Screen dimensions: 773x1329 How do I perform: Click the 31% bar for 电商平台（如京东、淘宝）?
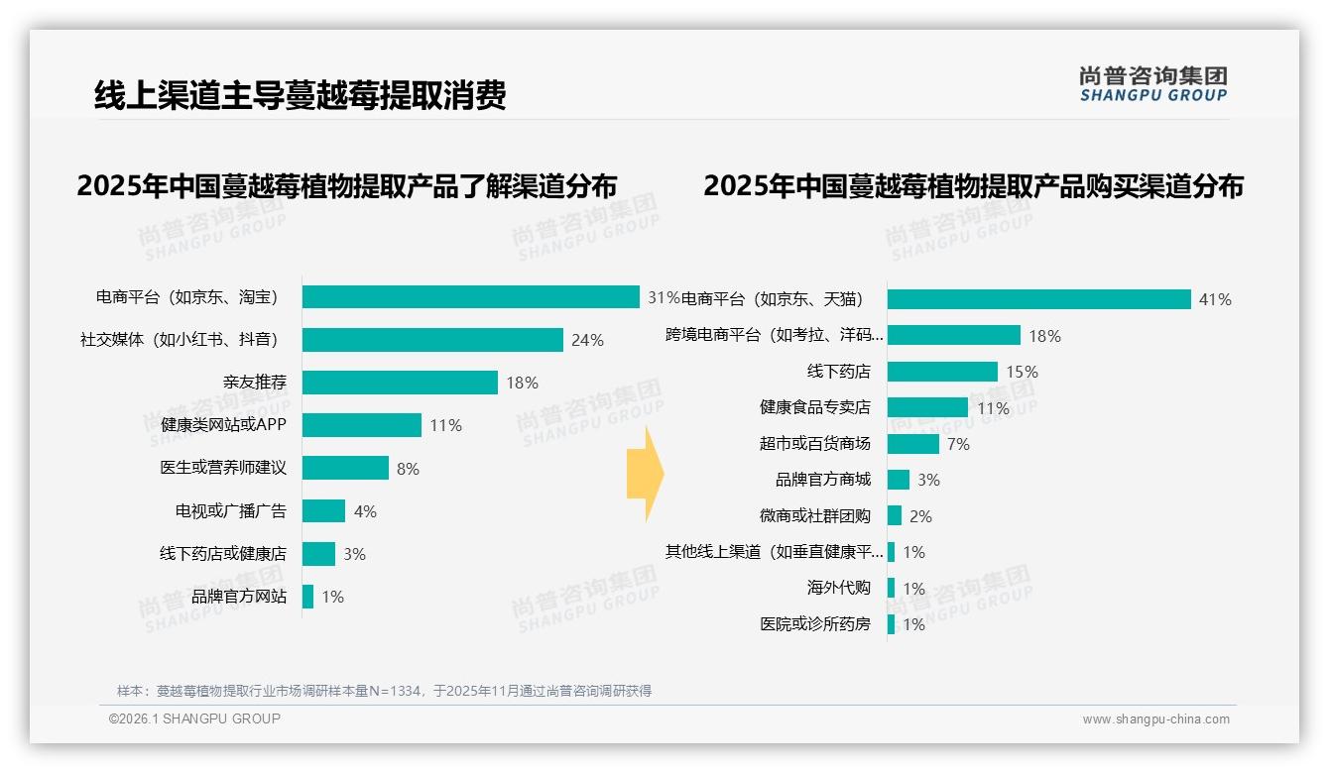[470, 297]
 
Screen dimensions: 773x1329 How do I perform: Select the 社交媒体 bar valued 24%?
[432, 340]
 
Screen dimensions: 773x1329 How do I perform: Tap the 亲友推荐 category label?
[255, 383]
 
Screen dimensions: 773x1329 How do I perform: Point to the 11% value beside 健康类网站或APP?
[445, 425]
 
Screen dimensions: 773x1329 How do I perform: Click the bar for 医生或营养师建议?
[345, 468]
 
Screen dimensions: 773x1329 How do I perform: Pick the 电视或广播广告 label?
[231, 511]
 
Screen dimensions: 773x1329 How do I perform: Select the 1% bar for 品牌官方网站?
[308, 597]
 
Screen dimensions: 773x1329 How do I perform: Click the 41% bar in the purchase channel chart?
[1038, 299]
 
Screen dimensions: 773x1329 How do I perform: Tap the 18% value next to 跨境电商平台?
[1044, 336]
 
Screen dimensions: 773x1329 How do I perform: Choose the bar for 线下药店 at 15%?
[942, 372]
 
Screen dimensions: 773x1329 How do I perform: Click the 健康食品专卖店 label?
[815, 407]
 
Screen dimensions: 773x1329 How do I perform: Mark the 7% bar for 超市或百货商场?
[912, 444]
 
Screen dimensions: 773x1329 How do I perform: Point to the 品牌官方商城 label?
[823, 480]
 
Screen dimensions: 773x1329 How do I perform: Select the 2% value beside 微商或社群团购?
[920, 516]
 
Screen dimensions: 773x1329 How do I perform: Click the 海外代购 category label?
[839, 588]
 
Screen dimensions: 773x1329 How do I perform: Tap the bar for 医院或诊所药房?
[891, 624]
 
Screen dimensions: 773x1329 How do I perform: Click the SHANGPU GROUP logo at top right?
[1153, 84]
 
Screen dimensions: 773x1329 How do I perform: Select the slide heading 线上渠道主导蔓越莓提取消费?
[300, 95]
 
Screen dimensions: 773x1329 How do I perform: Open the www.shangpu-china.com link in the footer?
[1155, 719]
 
